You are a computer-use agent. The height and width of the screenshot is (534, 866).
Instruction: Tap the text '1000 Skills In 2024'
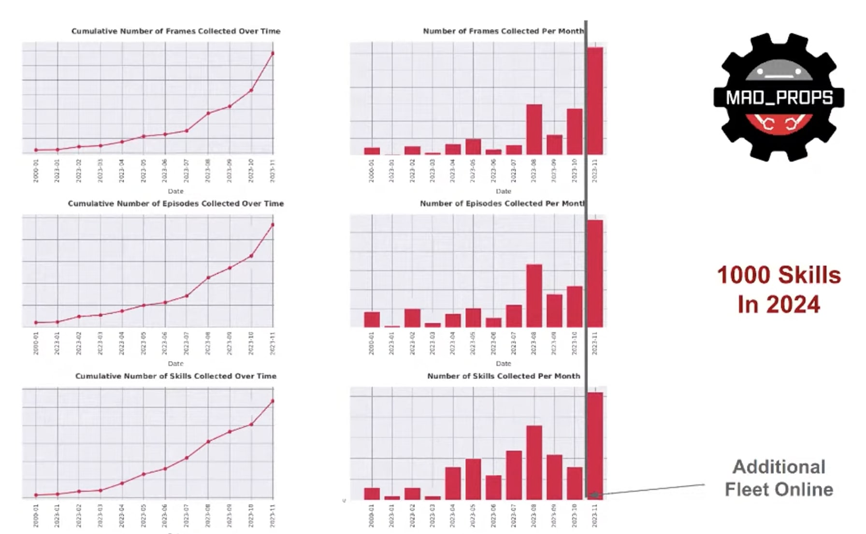(779, 289)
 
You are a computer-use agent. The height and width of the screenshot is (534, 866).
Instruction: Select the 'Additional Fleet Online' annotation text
(779, 478)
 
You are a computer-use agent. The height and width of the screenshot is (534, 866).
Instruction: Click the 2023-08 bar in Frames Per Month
(534, 129)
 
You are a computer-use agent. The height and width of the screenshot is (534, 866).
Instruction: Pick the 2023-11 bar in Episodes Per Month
(595, 273)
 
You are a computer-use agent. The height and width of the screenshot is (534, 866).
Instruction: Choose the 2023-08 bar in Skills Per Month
(534, 462)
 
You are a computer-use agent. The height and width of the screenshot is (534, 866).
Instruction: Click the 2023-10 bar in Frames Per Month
(575, 131)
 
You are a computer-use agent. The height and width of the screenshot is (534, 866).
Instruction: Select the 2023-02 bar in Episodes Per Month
(412, 318)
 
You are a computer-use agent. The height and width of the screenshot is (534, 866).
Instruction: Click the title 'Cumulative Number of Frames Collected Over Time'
(176, 31)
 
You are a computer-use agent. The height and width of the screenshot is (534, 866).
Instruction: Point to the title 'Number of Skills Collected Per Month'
(504, 376)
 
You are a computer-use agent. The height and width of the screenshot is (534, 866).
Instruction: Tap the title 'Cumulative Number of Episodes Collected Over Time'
(176, 203)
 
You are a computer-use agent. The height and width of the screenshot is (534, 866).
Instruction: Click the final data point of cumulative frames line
(273, 53)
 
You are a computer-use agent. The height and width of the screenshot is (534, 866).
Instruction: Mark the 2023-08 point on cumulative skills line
(208, 441)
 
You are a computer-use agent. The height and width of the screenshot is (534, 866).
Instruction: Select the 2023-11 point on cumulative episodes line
(273, 225)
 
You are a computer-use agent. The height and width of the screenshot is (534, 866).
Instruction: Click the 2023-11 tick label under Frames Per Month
(595, 171)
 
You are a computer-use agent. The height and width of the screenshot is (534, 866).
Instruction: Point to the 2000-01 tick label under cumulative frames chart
(36, 171)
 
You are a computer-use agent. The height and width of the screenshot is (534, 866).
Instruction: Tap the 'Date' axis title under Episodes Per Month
(503, 364)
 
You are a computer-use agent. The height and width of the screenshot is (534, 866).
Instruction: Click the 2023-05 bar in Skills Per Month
(473, 479)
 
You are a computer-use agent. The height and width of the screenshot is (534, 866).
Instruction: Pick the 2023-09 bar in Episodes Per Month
(554, 310)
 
